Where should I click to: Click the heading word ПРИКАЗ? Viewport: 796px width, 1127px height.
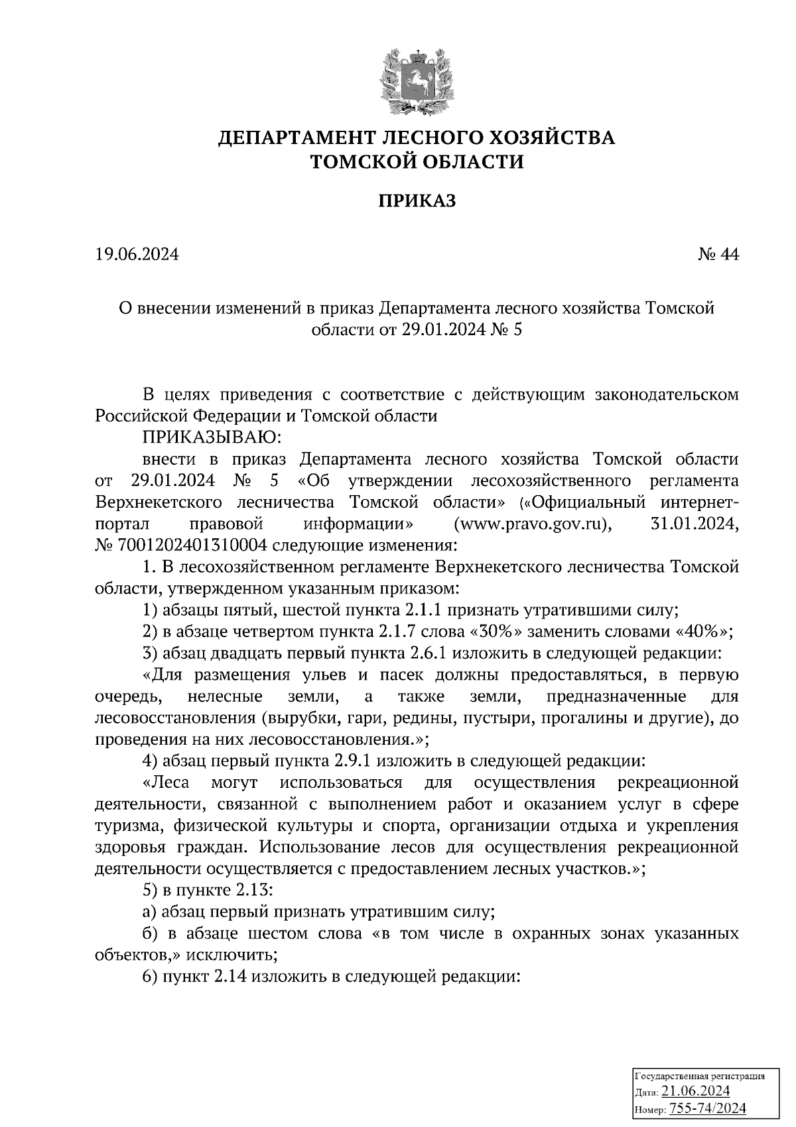(x=417, y=201)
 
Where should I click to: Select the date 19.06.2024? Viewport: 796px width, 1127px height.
(x=137, y=254)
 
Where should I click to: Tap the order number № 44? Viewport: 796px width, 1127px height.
(x=718, y=254)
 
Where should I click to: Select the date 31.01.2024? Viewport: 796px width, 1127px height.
(x=691, y=524)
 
